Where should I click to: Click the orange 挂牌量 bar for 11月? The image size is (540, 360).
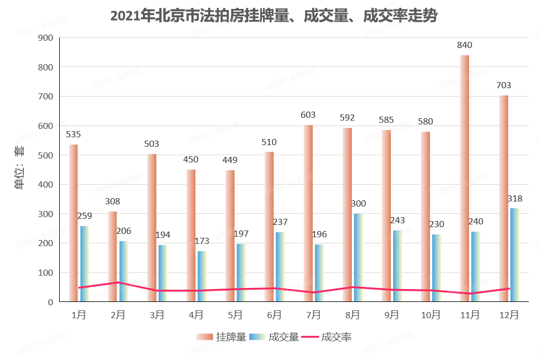(464, 179)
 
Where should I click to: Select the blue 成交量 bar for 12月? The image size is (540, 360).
(514, 255)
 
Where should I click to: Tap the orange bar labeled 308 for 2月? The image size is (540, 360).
(112, 256)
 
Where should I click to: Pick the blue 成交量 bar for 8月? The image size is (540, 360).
(358, 257)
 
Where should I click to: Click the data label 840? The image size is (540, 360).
(465, 45)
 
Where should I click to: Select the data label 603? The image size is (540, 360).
(308, 115)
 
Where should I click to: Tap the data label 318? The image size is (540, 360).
(514, 199)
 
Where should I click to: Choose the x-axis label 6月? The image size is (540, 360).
(274, 315)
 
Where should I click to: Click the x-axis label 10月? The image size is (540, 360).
(431, 315)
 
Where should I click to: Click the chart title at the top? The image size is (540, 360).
(273, 16)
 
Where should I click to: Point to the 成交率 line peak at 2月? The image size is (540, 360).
(118, 282)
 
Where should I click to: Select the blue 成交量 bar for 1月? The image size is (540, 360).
(84, 263)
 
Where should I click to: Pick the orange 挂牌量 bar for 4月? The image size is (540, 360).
(190, 236)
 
